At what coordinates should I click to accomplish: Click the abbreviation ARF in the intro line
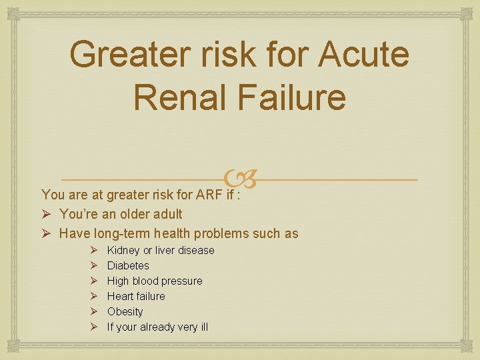(207, 195)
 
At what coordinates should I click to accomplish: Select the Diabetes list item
(128, 265)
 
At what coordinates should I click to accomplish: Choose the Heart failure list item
(136, 296)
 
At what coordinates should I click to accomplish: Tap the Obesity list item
(125, 311)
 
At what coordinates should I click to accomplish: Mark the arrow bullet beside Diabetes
(93, 265)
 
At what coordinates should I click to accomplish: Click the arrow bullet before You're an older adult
(47, 214)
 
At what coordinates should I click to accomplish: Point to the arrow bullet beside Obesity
(93, 311)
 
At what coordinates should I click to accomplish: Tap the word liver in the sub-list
(167, 250)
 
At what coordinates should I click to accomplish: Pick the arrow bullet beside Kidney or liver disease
(93, 250)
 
